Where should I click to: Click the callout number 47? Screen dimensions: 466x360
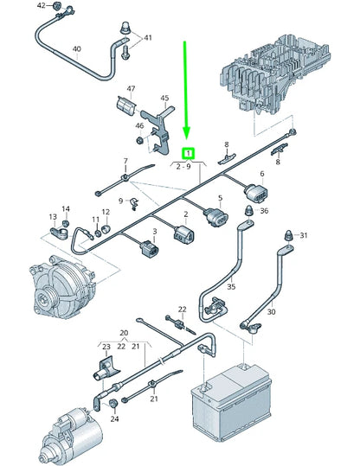pos(131,89)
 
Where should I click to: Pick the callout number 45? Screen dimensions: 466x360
pos(164,98)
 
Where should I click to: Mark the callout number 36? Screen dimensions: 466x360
pos(264,210)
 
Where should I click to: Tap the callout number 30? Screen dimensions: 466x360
pos(271,312)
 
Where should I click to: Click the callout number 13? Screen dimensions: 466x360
pos(53,216)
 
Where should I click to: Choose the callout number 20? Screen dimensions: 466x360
pos(123,332)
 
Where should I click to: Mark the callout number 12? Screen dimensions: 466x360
pos(106,213)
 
